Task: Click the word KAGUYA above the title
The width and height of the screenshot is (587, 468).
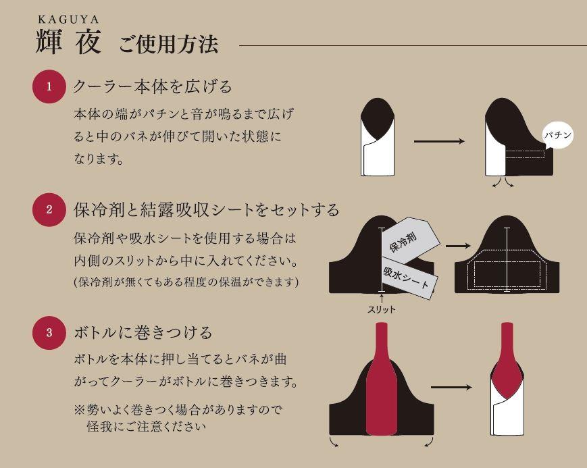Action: click(x=69, y=20)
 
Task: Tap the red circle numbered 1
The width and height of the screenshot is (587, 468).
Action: click(x=49, y=86)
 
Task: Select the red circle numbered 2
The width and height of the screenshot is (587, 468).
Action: click(x=49, y=209)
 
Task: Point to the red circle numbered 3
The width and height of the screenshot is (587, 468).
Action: click(x=49, y=332)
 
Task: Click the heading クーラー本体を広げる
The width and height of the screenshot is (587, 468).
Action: click(x=152, y=86)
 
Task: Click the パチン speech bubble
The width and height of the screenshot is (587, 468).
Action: click(x=558, y=136)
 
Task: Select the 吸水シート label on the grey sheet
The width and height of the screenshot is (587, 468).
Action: click(x=406, y=278)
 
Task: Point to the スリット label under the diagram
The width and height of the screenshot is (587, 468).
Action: click(x=382, y=309)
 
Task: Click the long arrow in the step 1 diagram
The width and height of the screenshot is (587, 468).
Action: click(x=439, y=142)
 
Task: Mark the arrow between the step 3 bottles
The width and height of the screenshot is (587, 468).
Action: click(x=451, y=388)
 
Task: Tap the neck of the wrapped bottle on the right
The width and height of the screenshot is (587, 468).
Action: click(x=507, y=341)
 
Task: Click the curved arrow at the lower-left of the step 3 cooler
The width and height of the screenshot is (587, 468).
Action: click(x=334, y=442)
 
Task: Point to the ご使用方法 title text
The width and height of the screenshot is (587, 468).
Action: click(x=168, y=45)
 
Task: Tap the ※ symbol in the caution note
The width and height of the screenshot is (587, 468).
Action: click(x=79, y=410)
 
